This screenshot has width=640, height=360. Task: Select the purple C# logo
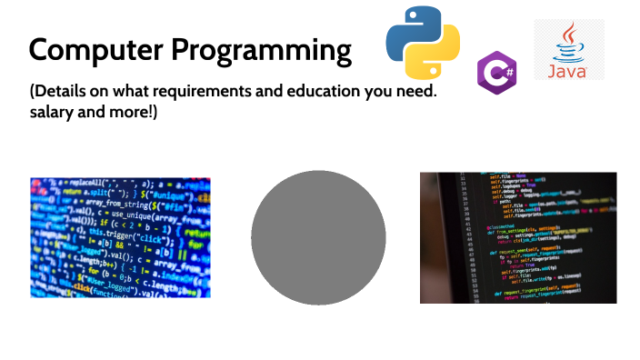coord(496,72)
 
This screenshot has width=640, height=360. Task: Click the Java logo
coord(569,49)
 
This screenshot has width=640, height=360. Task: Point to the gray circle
coord(318,237)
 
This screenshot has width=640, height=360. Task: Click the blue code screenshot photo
coord(121,237)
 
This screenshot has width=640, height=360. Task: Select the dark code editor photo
coord(518,237)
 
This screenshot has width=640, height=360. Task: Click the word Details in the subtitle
coord(60,93)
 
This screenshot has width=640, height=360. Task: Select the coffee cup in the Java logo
coord(569,41)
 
